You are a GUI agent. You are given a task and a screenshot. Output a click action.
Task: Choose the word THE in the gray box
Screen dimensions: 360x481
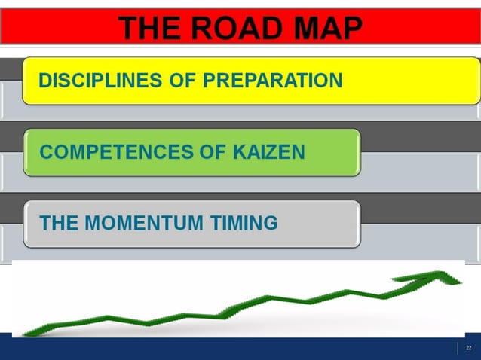tap(57, 223)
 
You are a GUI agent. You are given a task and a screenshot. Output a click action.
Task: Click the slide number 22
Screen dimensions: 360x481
tap(468, 348)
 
